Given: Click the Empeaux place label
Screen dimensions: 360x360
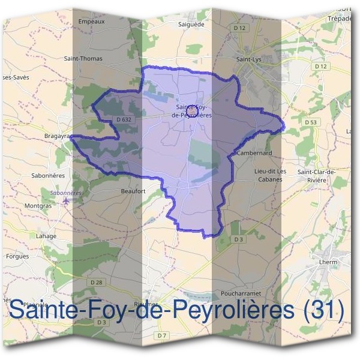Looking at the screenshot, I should click(92, 22).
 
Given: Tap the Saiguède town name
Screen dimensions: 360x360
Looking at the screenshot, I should click(191, 25).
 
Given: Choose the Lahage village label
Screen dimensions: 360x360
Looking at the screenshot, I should click(46, 236).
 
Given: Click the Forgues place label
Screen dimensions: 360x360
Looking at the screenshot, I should click(17, 256).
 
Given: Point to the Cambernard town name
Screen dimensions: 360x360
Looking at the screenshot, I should click(254, 153).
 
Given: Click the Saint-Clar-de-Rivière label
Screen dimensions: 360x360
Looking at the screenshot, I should click(316, 175).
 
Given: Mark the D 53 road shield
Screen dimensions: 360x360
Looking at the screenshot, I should click(310, 122).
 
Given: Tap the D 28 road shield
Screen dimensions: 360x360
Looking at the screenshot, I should click(95, 282).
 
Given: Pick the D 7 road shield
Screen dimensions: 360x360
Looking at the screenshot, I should click(161, 336).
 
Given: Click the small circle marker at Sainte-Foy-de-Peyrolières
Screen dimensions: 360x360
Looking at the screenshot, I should click(191, 111).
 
